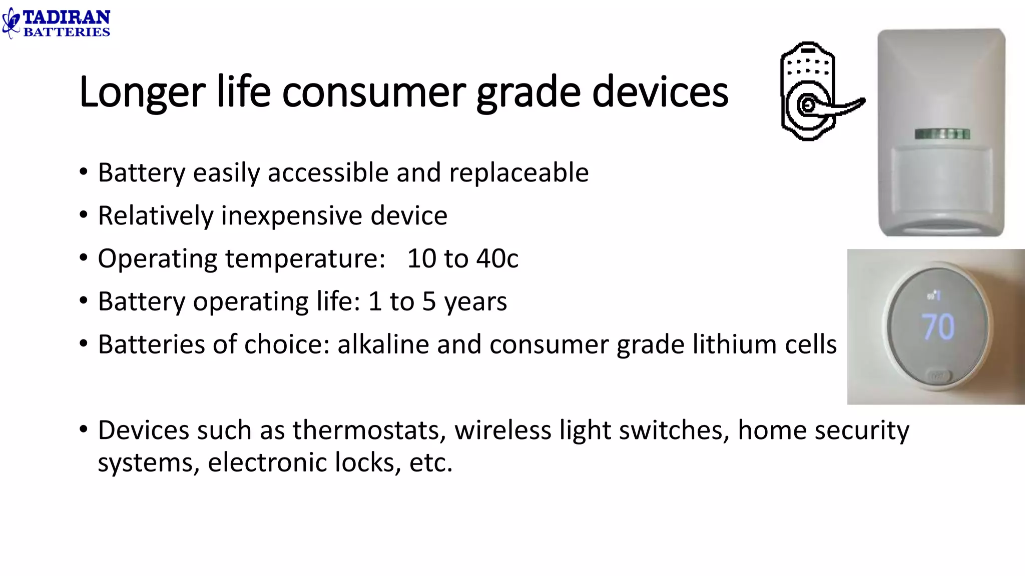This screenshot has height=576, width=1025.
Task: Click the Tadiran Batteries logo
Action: pyautogui.click(x=56, y=23)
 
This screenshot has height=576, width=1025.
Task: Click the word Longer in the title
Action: pyautogui.click(x=142, y=92)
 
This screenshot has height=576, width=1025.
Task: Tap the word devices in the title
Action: pyautogui.click(x=660, y=92)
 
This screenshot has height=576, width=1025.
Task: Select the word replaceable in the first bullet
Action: pyautogui.click(x=519, y=173)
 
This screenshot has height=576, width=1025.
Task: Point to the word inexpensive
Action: pyautogui.click(x=292, y=216)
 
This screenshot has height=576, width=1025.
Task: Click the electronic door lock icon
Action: pyautogui.click(x=816, y=91)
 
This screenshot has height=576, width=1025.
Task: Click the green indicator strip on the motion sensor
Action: pyautogui.click(x=942, y=134)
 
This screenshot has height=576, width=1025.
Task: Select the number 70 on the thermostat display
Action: pyautogui.click(x=938, y=327)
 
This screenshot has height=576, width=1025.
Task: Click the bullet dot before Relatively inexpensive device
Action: pyautogui.click(x=84, y=215)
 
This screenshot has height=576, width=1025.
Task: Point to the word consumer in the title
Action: pyautogui.click(x=374, y=92)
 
